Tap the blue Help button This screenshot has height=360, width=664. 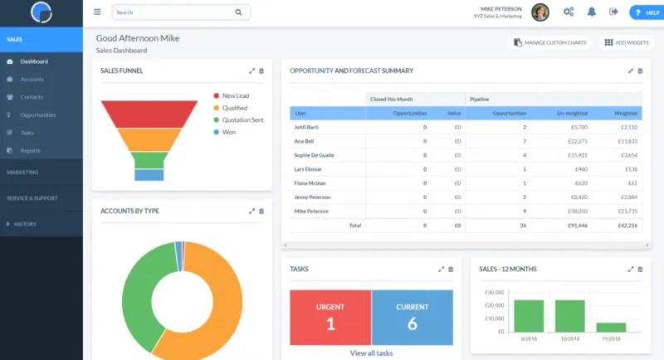pyautogui.click(x=647, y=12)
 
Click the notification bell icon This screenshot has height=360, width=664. pyautogui.click(x=592, y=12)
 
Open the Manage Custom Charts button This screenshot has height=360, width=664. pyautogui.click(x=549, y=42)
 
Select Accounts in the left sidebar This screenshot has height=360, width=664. pyautogui.click(x=32, y=80)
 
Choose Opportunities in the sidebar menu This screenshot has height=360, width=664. pyautogui.click(x=37, y=114)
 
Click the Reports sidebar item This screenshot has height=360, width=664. pyautogui.click(x=30, y=150)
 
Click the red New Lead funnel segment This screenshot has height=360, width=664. pyautogui.click(x=149, y=114)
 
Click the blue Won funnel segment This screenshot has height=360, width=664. pyautogui.click(x=149, y=175)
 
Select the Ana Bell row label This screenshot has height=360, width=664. pyautogui.click(x=304, y=141)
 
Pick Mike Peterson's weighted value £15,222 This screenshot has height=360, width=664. pyautogui.click(x=627, y=211)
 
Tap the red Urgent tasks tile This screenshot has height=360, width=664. pyautogui.click(x=330, y=317)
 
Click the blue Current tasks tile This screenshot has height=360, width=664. pyautogui.click(x=413, y=317)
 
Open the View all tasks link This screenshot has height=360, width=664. pyautogui.click(x=371, y=353)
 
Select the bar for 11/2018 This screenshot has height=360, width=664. pyautogui.click(x=611, y=328)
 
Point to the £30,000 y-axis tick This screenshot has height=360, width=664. pyautogui.click(x=494, y=293)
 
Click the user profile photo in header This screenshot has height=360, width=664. pyautogui.click(x=539, y=12)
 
